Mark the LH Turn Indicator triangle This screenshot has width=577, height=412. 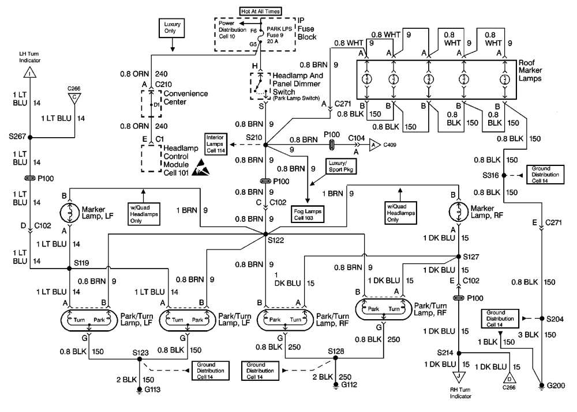[30, 72]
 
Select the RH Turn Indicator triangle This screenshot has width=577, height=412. [459, 378]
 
